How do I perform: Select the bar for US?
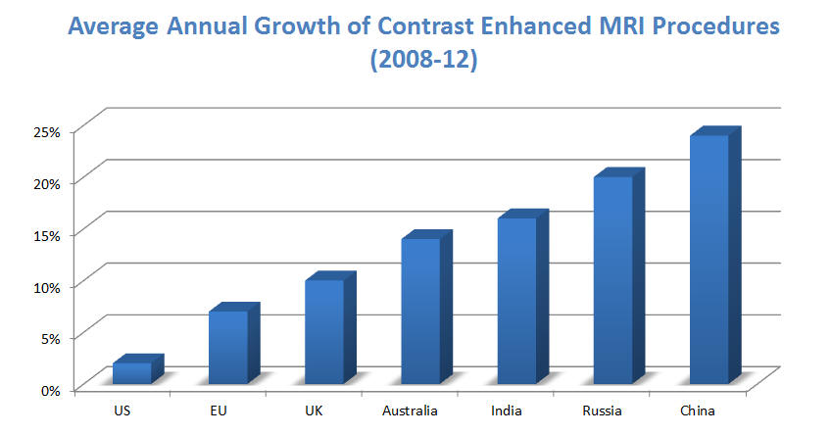point(132,373)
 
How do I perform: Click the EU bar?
point(228,347)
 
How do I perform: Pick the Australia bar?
point(420,311)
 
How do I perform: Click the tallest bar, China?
point(709,259)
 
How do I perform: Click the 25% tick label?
point(45,130)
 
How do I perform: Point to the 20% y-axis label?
point(45,182)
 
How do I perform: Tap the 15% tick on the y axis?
point(45,234)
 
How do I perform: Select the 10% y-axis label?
point(45,286)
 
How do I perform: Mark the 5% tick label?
point(48,338)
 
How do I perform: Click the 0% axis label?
point(48,390)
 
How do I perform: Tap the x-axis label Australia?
point(411,411)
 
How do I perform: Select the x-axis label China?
point(698,411)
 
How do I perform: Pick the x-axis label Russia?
point(603,411)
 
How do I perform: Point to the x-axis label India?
point(507,411)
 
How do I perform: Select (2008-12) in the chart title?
point(415,61)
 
